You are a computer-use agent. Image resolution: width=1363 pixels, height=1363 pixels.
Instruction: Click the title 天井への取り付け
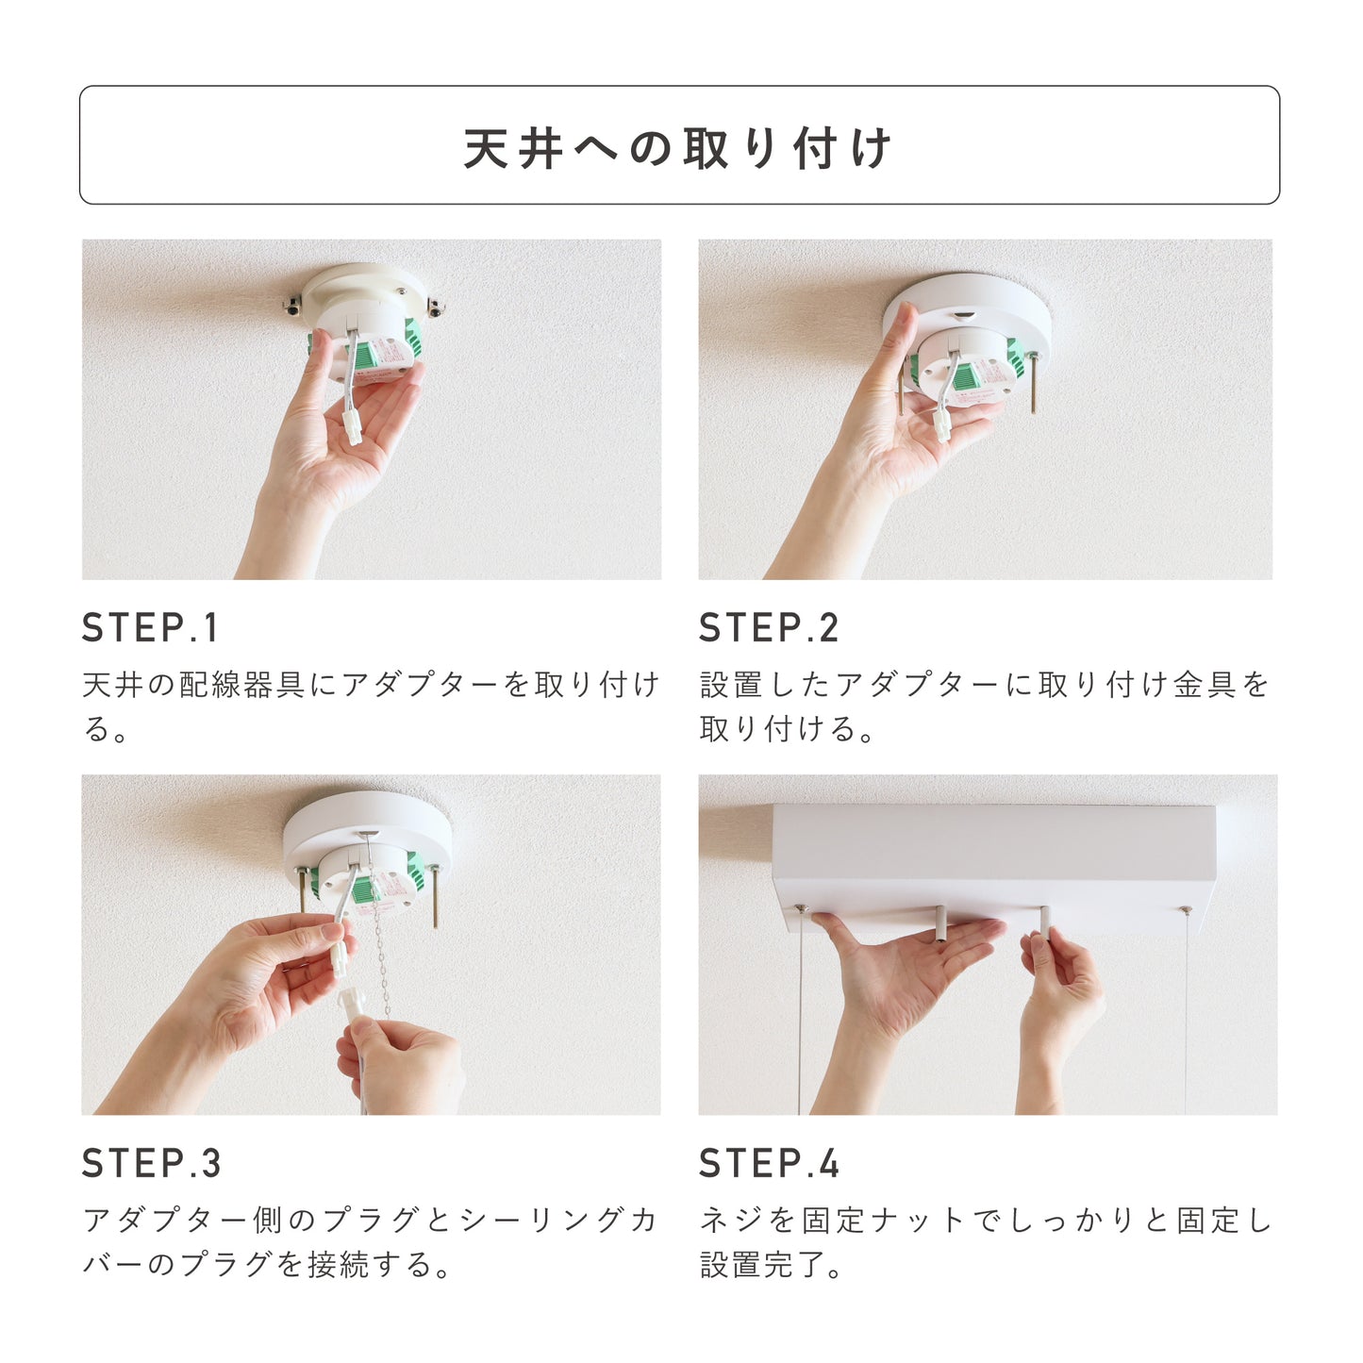click(677, 148)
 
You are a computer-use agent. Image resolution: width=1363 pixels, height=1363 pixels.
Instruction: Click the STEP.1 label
click(150, 627)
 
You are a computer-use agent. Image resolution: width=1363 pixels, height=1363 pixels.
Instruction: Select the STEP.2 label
click(768, 627)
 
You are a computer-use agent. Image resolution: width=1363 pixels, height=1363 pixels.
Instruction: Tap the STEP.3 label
click(151, 1163)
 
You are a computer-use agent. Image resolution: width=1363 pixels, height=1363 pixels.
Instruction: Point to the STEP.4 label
click(769, 1163)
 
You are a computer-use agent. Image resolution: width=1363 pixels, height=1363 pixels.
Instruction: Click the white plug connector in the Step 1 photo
click(352, 428)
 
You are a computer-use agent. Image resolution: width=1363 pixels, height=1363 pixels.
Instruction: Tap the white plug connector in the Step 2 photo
click(942, 424)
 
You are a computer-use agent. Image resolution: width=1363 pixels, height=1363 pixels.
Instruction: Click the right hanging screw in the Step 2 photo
click(1034, 382)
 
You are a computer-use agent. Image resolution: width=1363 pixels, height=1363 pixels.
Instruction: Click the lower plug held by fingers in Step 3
click(352, 1005)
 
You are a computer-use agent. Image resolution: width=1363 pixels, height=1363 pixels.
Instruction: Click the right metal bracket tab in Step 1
click(434, 307)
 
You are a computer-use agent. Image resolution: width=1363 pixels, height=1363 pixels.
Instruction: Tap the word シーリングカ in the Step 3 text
click(558, 1221)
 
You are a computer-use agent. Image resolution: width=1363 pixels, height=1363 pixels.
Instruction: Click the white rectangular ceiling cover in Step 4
click(993, 862)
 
